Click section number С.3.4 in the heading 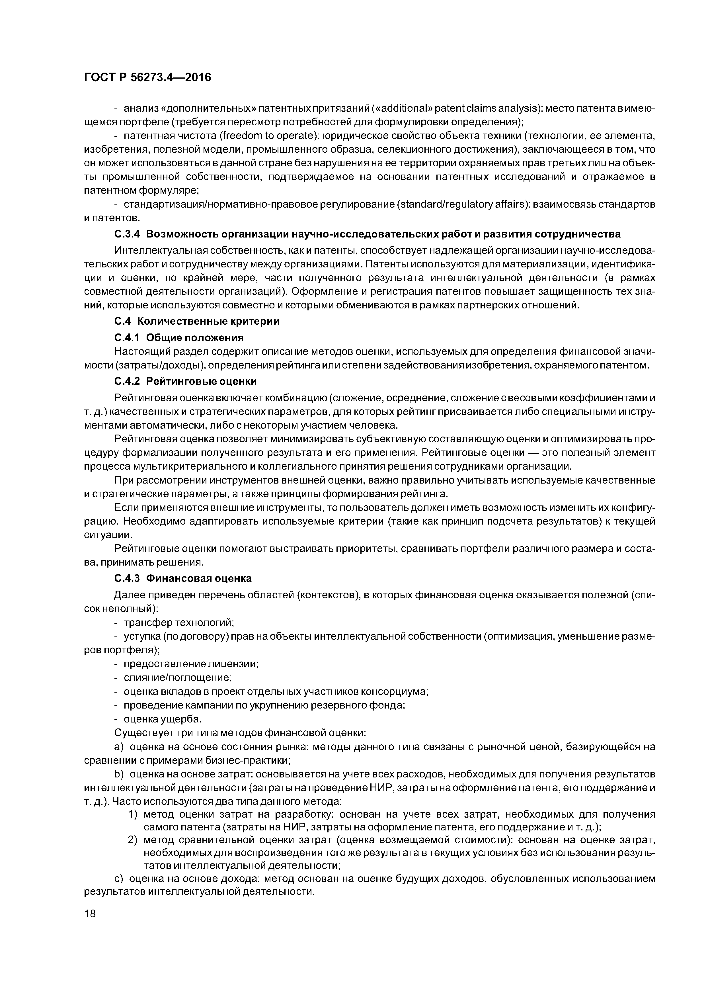[127, 234]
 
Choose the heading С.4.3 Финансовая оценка [183, 579]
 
